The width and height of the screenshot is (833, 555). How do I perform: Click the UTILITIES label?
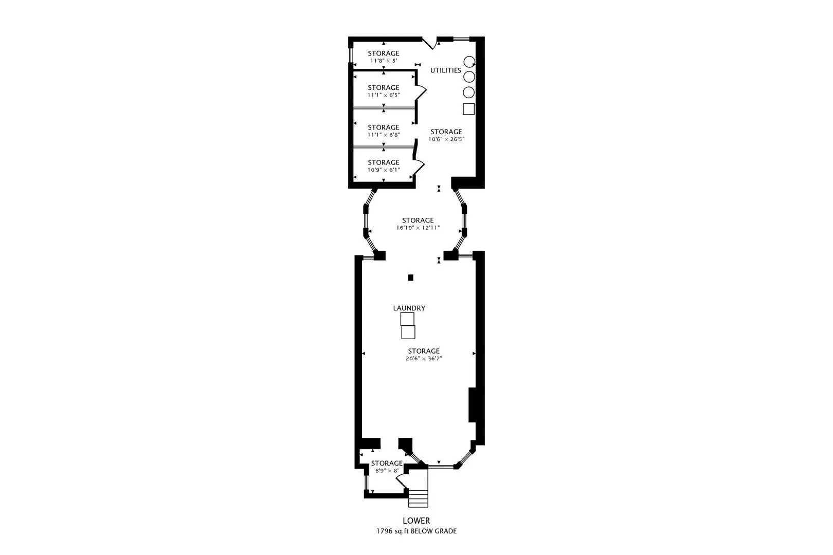[445, 70]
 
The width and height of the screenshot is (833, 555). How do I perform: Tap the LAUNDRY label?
[409, 308]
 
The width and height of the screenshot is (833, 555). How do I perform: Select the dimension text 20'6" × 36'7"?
[424, 359]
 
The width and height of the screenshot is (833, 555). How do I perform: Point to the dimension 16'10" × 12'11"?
[418, 228]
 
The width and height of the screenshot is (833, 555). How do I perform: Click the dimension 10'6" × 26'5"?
[446, 139]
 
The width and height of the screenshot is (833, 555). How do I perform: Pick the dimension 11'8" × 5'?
[384, 61]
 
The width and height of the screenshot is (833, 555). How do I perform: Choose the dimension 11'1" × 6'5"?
[384, 95]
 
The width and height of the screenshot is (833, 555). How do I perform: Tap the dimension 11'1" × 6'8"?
[384, 135]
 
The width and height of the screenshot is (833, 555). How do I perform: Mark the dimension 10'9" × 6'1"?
[384, 170]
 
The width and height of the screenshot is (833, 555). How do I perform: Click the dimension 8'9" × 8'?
[387, 471]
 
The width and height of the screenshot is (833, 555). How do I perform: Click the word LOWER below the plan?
[416, 521]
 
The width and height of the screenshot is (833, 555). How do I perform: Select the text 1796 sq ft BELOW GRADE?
[416, 531]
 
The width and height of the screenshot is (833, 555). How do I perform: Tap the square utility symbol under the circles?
[468, 109]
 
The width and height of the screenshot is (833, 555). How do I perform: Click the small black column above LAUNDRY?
[410, 277]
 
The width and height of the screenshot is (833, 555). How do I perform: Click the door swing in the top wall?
[430, 44]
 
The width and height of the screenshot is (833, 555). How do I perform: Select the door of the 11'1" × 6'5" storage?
[421, 92]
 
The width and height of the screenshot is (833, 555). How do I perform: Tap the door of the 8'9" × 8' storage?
[402, 482]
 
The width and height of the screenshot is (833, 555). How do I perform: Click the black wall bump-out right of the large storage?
[472, 405]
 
